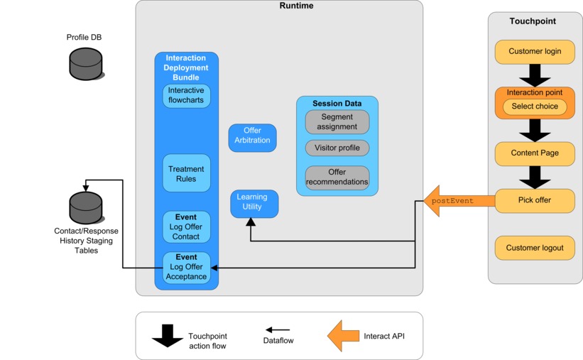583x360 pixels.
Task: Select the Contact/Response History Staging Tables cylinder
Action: pos(86,207)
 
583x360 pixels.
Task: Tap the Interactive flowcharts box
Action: pos(186,96)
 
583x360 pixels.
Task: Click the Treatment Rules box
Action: pos(186,173)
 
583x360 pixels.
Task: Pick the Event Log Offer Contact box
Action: pos(186,227)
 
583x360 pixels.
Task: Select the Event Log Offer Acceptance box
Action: pos(186,267)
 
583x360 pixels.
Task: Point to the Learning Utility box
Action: pos(254,204)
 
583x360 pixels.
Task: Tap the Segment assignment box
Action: pos(337,121)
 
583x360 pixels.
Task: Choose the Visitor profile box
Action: pos(337,148)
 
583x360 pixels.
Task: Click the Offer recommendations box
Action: pos(337,178)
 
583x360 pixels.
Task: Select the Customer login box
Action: pos(534,52)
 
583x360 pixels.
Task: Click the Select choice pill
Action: pos(534,107)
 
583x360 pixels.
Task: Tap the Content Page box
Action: pos(534,153)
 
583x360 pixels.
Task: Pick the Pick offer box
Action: pos(534,200)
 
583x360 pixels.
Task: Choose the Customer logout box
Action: pos(534,249)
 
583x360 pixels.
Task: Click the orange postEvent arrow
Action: pos(458,201)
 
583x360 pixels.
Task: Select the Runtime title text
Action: pos(296,6)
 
